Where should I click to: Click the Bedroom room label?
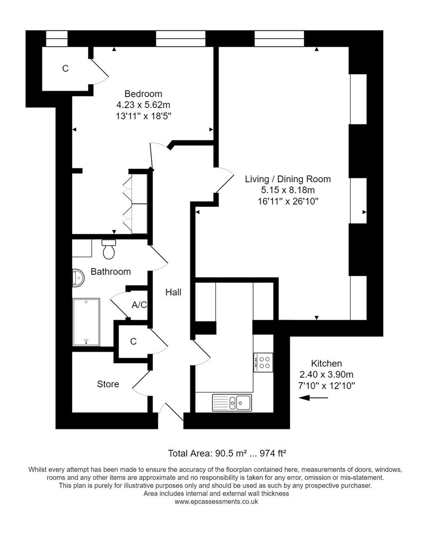click(143, 94)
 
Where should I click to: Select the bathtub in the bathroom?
click(86, 322)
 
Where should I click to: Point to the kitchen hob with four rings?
click(263, 362)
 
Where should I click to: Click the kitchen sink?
click(232, 402)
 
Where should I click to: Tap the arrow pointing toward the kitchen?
click(313, 398)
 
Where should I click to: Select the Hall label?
click(173, 292)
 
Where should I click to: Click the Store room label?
click(108, 384)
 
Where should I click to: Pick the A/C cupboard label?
click(139, 304)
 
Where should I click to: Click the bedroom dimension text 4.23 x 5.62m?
click(143, 105)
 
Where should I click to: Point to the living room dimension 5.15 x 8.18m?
click(288, 190)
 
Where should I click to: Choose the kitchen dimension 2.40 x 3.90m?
click(326, 374)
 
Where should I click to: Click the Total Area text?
click(227, 453)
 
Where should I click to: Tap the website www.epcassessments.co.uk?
click(216, 502)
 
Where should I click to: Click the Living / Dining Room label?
click(288, 179)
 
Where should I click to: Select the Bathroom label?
click(111, 271)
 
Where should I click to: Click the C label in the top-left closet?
click(65, 69)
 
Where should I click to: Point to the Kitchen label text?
click(326, 363)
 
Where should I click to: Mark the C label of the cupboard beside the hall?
click(133, 342)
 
